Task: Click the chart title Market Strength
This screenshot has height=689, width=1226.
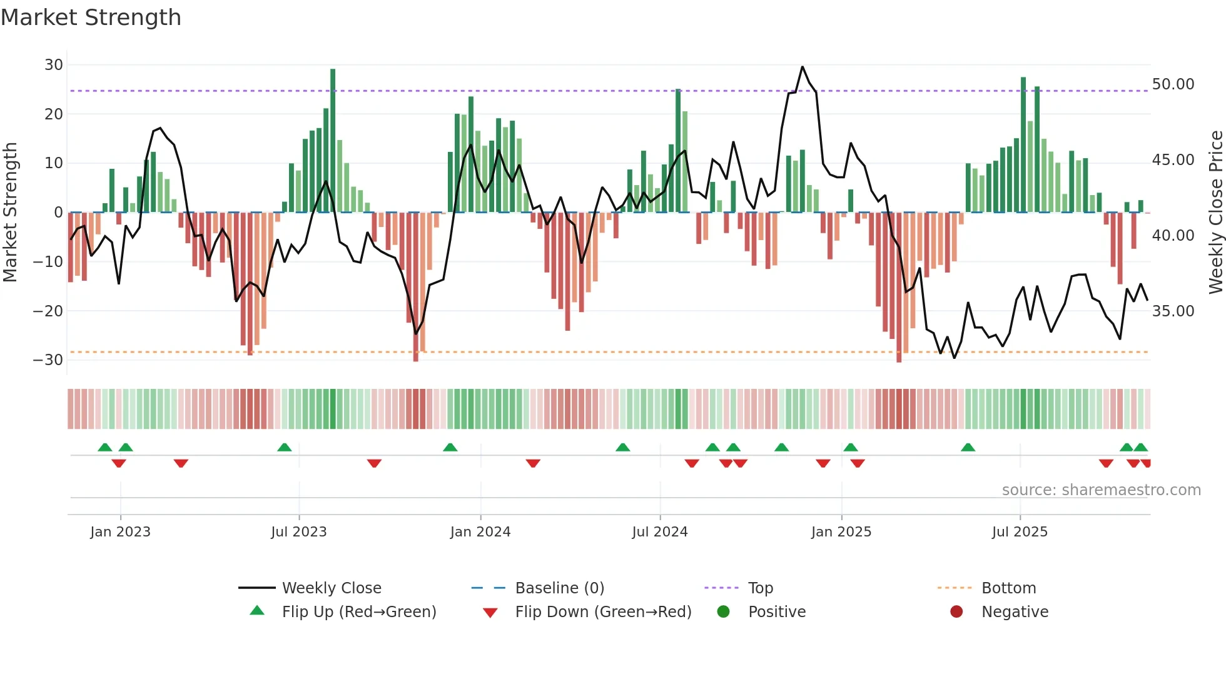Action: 91,18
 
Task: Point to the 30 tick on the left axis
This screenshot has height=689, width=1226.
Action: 54,65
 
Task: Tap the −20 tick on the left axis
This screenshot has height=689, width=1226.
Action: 48,311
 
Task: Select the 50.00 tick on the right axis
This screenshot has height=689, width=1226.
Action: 1173,84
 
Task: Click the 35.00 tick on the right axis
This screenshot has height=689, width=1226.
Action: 1173,311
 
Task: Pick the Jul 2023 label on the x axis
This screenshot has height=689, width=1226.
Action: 299,532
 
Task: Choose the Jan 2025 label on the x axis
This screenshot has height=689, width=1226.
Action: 841,532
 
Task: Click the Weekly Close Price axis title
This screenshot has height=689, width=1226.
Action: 1215,212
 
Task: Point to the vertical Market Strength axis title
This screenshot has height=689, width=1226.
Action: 10,212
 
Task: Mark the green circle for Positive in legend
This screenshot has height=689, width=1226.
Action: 723,611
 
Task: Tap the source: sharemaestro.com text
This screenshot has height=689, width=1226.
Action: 1101,490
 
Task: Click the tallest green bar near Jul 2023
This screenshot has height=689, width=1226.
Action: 333,141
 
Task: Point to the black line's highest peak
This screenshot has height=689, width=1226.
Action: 803,67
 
